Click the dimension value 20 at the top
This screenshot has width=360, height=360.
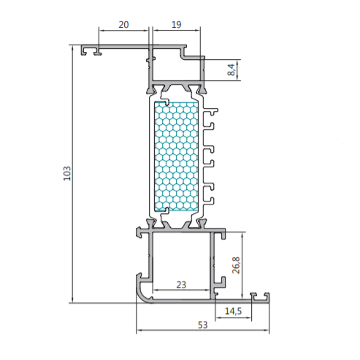click(x=123, y=25)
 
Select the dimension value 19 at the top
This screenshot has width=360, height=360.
click(x=176, y=25)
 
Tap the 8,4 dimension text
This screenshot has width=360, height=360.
click(x=231, y=69)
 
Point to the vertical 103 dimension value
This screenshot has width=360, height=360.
click(x=67, y=173)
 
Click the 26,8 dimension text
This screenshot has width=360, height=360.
click(x=236, y=265)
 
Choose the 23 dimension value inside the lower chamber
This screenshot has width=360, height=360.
click(x=181, y=285)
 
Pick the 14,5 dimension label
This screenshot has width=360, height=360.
click(x=233, y=311)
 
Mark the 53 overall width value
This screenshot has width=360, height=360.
click(x=203, y=325)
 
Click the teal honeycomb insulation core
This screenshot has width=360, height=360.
click(x=176, y=156)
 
